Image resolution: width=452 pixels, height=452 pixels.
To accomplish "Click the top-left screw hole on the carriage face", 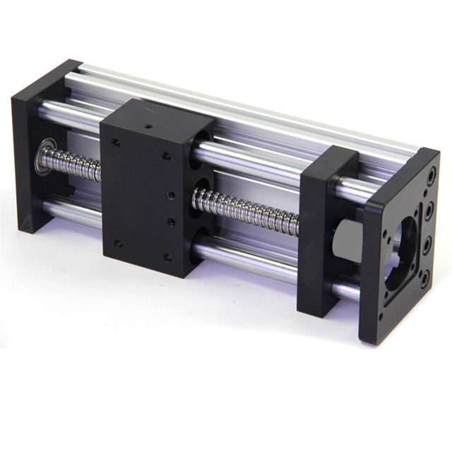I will tap(116, 143).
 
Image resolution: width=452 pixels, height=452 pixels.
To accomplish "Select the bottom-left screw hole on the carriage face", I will tap(118, 243).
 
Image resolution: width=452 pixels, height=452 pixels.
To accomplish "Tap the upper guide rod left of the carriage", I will tap(71, 113).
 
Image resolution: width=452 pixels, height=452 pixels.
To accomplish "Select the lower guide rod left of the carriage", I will tap(71, 210).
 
